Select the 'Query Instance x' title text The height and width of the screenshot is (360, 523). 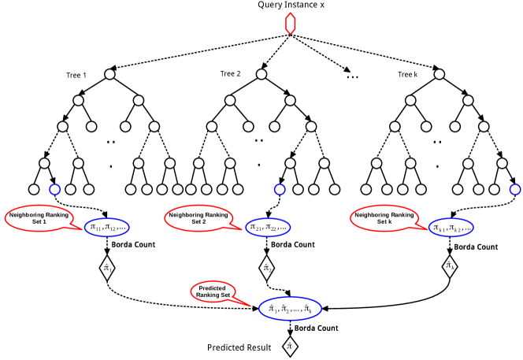(291, 5)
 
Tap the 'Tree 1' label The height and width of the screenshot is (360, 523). (76, 75)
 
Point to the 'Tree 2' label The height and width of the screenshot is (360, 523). (230, 74)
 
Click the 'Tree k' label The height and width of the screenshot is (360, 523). (407, 74)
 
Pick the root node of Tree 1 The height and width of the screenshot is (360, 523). (110, 74)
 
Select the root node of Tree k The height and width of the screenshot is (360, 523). (440, 74)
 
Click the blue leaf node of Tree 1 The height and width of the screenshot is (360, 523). (54, 189)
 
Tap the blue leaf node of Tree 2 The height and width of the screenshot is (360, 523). (280, 189)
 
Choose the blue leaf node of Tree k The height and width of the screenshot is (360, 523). (515, 189)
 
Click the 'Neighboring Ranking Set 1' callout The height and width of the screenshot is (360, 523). (39, 218)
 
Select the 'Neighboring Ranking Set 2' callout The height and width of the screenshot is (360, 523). (198, 218)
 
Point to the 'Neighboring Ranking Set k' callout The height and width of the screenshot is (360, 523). (384, 218)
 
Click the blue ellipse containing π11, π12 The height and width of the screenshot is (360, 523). (107, 227)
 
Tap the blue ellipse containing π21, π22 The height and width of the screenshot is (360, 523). (268, 227)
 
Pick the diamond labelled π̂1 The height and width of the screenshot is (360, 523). (107, 268)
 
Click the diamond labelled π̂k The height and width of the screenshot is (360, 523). (450, 265)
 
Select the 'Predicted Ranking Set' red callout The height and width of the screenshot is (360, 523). (213, 291)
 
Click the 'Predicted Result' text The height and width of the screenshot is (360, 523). (239, 347)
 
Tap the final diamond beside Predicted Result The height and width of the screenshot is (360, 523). (290, 346)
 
